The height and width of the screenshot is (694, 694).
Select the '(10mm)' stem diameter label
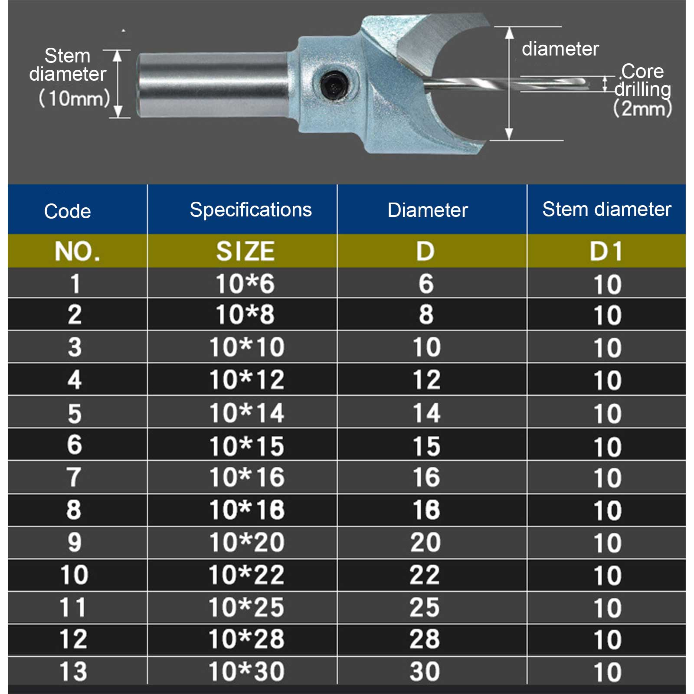click(x=74, y=98)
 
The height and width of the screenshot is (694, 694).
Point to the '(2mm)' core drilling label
click(x=642, y=108)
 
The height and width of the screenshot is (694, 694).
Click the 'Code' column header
click(x=68, y=211)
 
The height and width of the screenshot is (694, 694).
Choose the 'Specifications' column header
click(x=251, y=210)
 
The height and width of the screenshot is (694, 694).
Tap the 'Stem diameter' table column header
click(x=606, y=210)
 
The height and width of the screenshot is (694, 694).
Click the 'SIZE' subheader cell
click(x=246, y=251)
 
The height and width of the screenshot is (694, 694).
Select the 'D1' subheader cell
click(x=606, y=251)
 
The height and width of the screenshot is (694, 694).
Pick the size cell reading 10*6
click(x=246, y=284)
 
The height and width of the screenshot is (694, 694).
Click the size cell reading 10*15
click(x=246, y=446)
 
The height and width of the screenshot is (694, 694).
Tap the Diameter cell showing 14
click(x=427, y=413)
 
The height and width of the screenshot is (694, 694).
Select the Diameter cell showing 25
click(x=425, y=607)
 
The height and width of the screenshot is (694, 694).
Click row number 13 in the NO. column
click(x=74, y=671)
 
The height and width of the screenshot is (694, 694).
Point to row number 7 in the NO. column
click(x=74, y=477)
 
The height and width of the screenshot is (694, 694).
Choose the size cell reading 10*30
click(x=246, y=671)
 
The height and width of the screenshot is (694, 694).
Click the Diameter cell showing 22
click(x=425, y=575)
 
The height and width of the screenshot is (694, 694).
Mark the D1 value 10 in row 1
click(x=607, y=285)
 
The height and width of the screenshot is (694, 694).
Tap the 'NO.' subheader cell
click(x=77, y=251)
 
